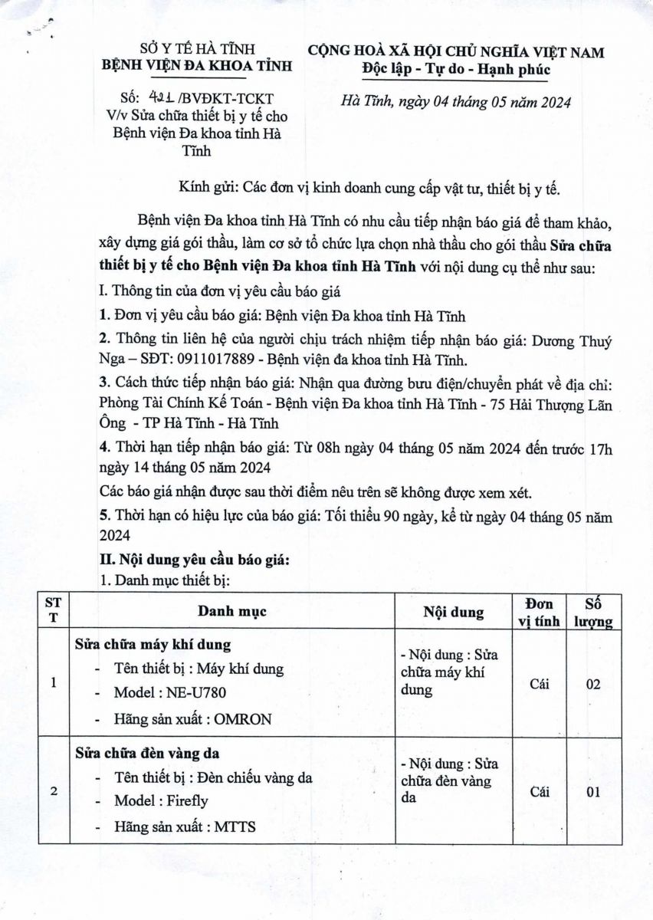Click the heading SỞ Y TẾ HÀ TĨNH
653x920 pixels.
[x=197, y=50]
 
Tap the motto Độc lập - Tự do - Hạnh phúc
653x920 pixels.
[x=456, y=70]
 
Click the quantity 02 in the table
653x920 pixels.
[x=593, y=684]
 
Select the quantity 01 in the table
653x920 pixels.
[x=593, y=792]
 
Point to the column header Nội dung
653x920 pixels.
[x=453, y=612]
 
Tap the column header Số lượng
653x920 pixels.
[x=593, y=612]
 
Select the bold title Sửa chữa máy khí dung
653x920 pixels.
[x=153, y=643]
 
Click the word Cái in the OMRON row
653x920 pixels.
[x=540, y=684]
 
